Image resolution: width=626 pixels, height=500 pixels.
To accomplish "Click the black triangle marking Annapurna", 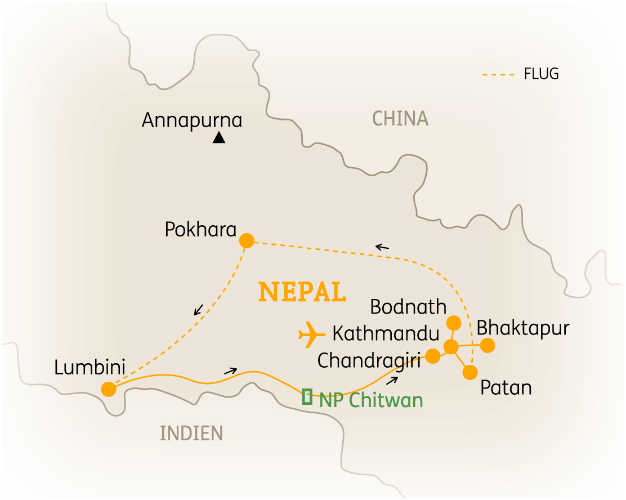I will pos(219,137).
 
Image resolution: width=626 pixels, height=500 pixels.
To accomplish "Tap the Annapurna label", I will pos(192,120).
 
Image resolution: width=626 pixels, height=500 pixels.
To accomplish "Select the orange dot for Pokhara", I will pos(247,240).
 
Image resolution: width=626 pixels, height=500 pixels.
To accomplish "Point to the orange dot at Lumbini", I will pos(109,389).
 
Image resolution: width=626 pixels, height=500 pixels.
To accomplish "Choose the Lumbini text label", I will pos(90,367).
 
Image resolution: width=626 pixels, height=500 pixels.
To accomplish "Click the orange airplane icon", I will pos(312,335).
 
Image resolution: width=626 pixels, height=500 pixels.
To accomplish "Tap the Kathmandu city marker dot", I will pos(451,347).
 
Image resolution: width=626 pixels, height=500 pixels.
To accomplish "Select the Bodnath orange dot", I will pos(453,323).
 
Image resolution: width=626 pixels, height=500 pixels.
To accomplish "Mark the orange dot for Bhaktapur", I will pos(488,345).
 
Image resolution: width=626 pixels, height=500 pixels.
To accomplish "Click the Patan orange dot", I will pos(470,372).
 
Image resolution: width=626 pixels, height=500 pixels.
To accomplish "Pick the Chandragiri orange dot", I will pos(432,356).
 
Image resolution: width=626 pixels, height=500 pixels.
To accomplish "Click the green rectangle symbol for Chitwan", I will pos(307,397).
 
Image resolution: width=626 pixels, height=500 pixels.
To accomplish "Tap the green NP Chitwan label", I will pos(370,400).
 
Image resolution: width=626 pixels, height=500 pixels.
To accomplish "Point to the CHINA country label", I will pos(400,119).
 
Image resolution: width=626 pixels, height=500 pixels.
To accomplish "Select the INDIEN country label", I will pos(191,433).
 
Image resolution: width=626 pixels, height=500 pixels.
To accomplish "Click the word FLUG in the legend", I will pos(541,74).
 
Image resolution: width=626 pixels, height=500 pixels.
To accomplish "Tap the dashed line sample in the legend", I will pos(499,74).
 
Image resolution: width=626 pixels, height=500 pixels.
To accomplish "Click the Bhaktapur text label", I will pos(523,328).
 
